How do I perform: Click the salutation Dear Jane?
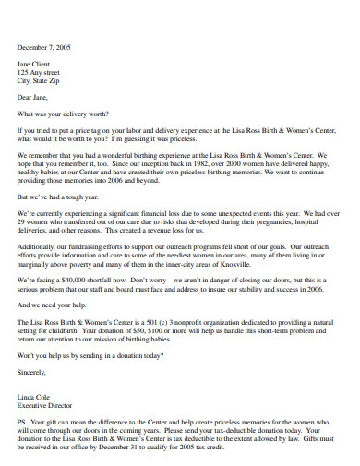tap(33, 96)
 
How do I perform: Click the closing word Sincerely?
tap(33, 370)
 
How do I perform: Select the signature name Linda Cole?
tap(34, 395)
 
